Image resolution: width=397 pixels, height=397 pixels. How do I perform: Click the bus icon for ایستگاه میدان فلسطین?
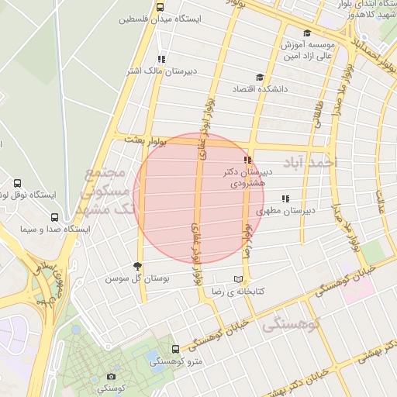pyautogui.click(x=161, y=7)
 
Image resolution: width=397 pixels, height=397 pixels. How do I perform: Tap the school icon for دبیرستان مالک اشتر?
pyautogui.click(x=161, y=59)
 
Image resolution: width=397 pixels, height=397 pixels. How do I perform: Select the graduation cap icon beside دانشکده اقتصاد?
pyautogui.click(x=259, y=78)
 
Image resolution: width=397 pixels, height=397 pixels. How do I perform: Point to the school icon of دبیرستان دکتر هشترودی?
pyautogui.click(x=247, y=160)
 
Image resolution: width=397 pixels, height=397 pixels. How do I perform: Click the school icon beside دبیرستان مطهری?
pyautogui.click(x=285, y=198)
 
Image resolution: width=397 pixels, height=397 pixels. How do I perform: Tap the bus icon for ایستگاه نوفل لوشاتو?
pyautogui.click(x=18, y=184)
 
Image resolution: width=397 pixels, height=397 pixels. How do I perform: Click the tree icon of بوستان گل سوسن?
pyautogui.click(x=139, y=265)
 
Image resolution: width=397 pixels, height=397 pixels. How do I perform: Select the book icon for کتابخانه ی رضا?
pyautogui.click(x=238, y=279)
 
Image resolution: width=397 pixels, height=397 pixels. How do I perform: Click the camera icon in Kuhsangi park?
pyautogui.click(x=112, y=377)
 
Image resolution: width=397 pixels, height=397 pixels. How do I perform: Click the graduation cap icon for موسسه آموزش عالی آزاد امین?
pyautogui.click(x=308, y=33)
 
